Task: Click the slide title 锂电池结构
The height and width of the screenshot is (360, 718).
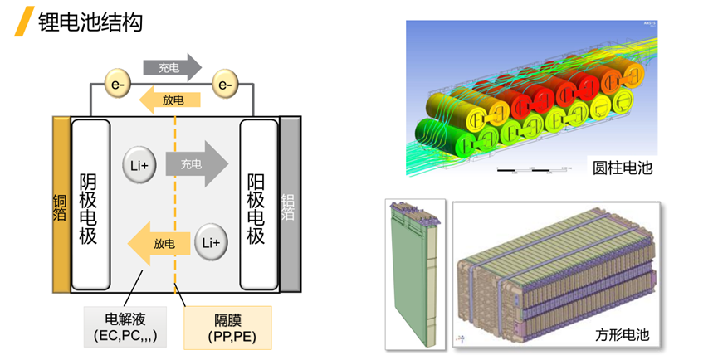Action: tap(90, 21)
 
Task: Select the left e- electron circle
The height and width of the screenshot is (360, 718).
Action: tap(115, 84)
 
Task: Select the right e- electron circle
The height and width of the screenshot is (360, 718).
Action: tap(223, 84)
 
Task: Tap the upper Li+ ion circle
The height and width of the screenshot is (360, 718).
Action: tap(138, 165)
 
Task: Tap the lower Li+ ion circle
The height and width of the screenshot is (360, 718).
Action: tap(210, 243)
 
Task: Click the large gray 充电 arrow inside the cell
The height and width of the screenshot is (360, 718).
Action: tap(196, 164)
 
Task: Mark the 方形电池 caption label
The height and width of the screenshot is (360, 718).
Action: tap(623, 335)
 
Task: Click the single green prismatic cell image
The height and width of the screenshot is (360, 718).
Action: tap(415, 274)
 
